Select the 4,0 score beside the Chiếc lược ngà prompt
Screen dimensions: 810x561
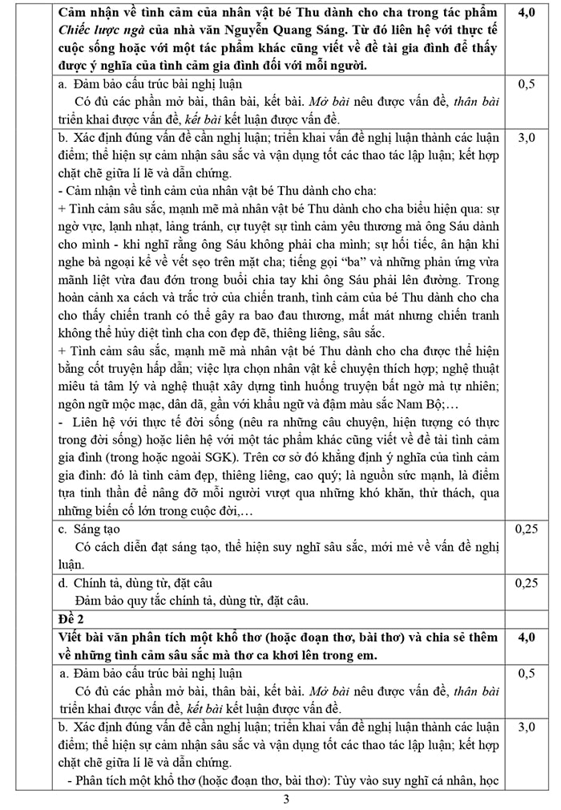click(527, 12)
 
